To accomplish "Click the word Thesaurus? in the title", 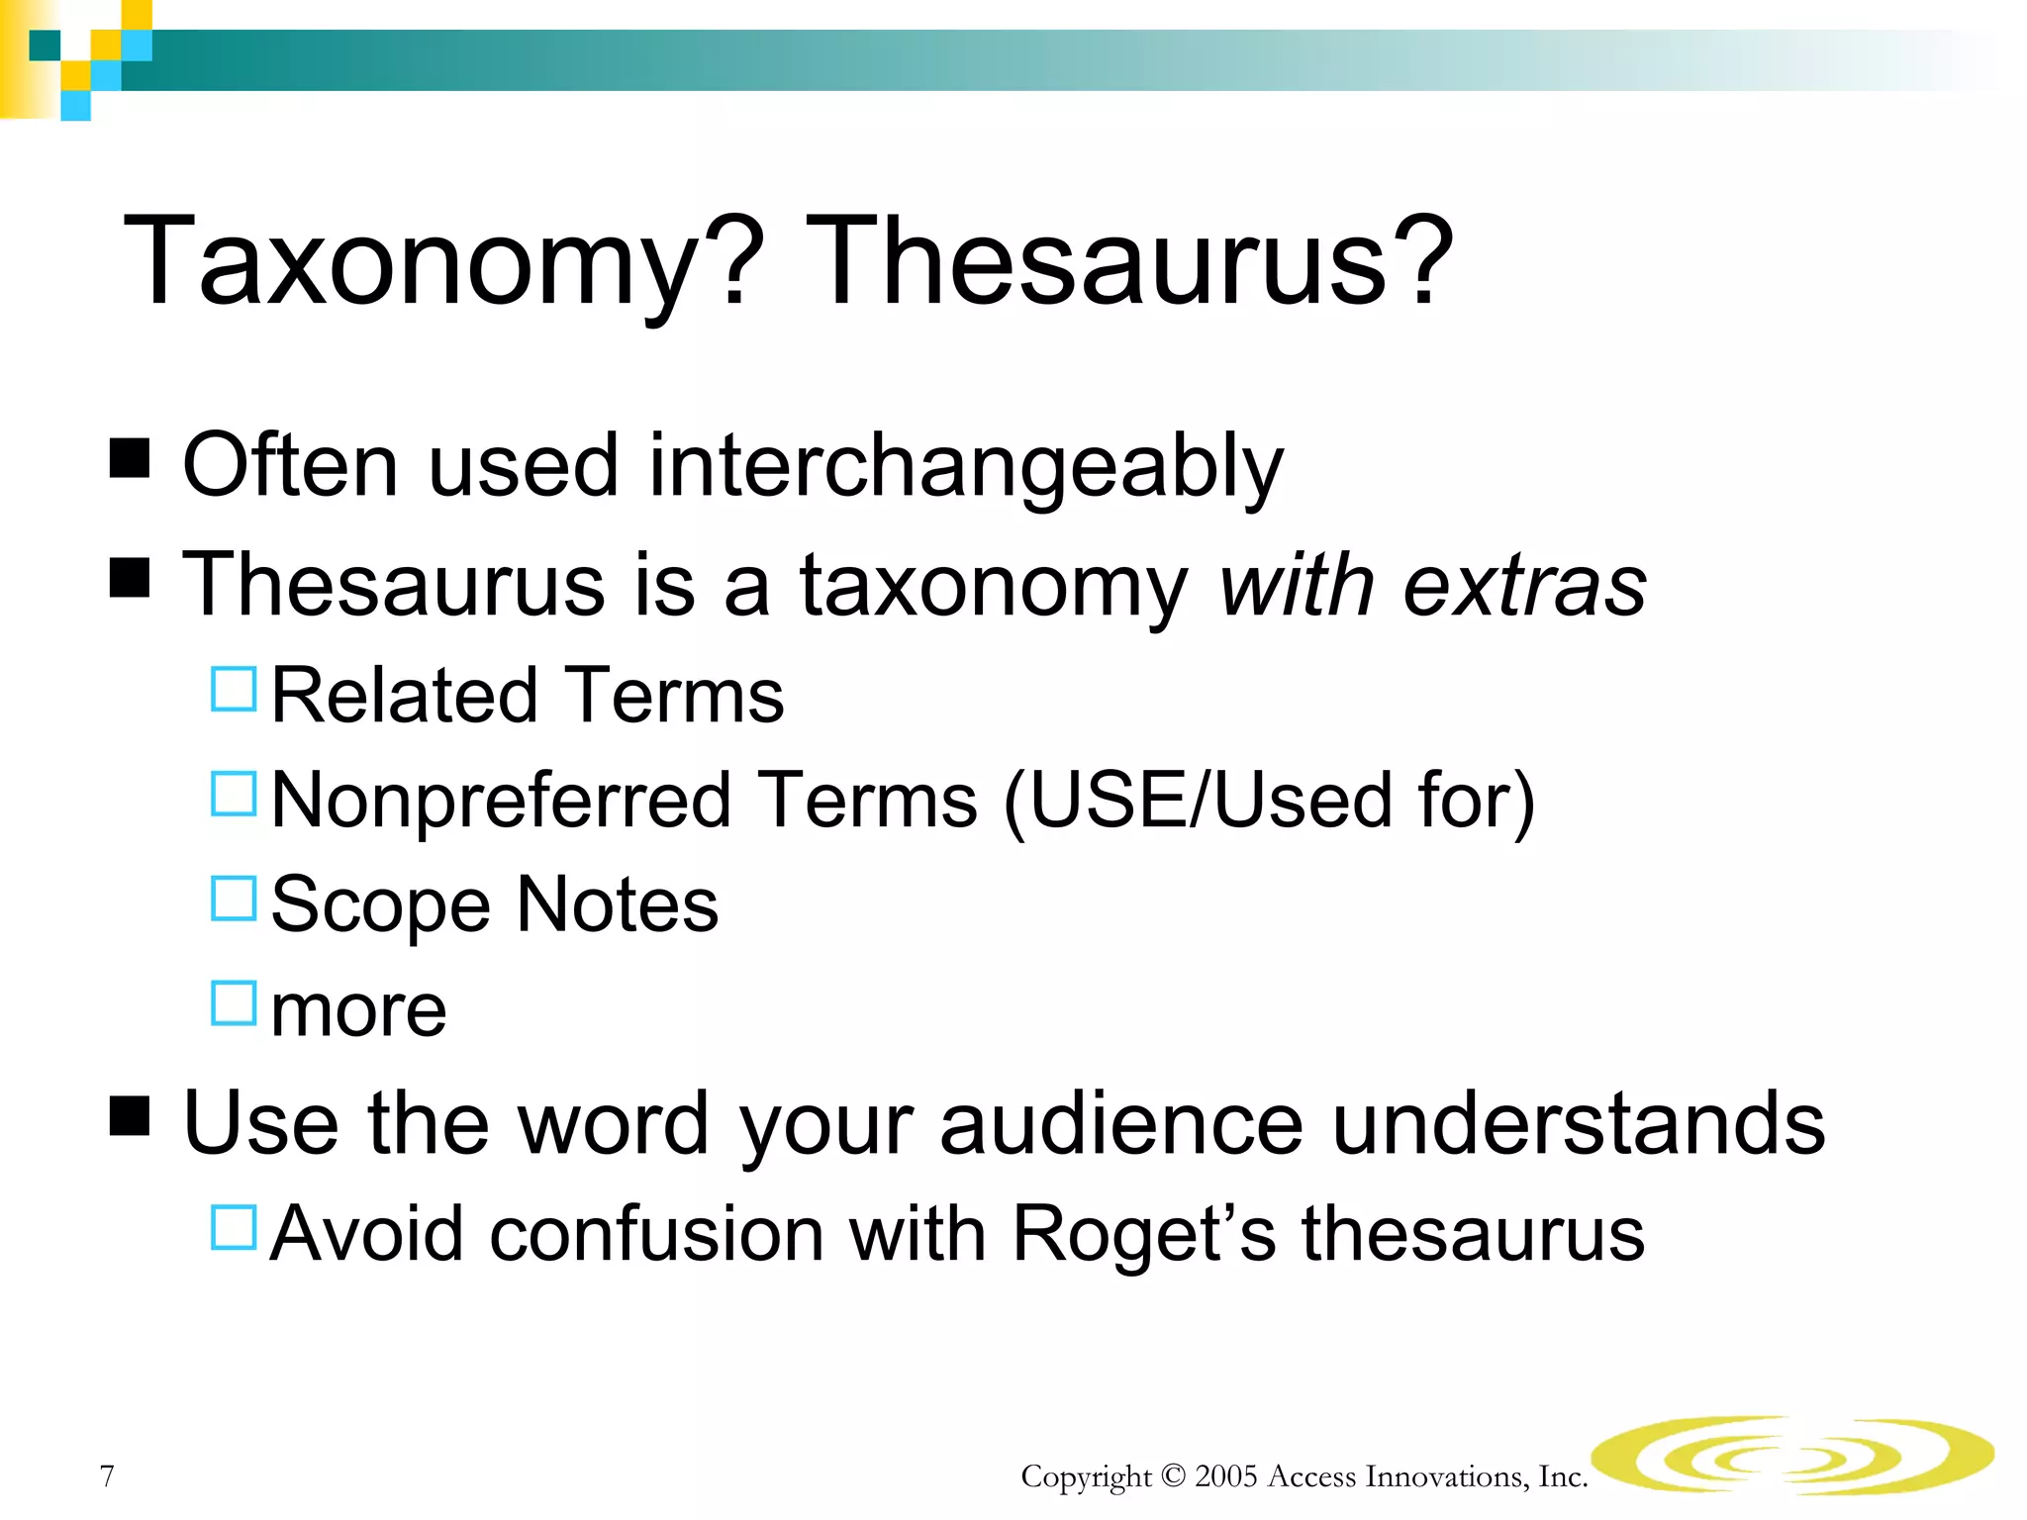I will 1129,263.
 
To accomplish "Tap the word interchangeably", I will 965,466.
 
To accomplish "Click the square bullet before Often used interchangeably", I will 130,458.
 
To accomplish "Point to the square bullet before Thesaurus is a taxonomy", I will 130,577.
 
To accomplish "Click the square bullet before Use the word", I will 130,1115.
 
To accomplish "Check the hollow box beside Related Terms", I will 235,689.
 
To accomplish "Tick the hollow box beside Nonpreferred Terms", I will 235,794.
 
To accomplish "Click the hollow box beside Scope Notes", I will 235,899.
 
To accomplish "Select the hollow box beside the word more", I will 235,1002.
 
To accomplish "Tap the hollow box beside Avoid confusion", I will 235,1227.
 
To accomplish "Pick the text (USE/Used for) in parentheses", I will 1269,801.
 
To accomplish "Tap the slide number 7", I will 107,1475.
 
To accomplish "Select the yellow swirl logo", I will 1791,1455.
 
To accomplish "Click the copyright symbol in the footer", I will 1173,1476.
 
